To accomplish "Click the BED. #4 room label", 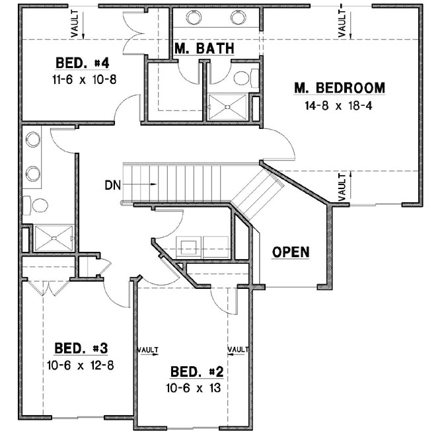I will pyautogui.click(x=83, y=63).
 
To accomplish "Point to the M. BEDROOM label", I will pyautogui.click(x=340, y=88).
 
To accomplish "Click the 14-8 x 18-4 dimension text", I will pyautogui.click(x=340, y=105).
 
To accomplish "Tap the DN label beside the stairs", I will pyautogui.click(x=112, y=185).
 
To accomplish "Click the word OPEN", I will pyautogui.click(x=291, y=251).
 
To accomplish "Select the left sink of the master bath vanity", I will pyautogui.click(x=196, y=18).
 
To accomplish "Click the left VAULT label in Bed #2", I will pyautogui.click(x=148, y=349).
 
